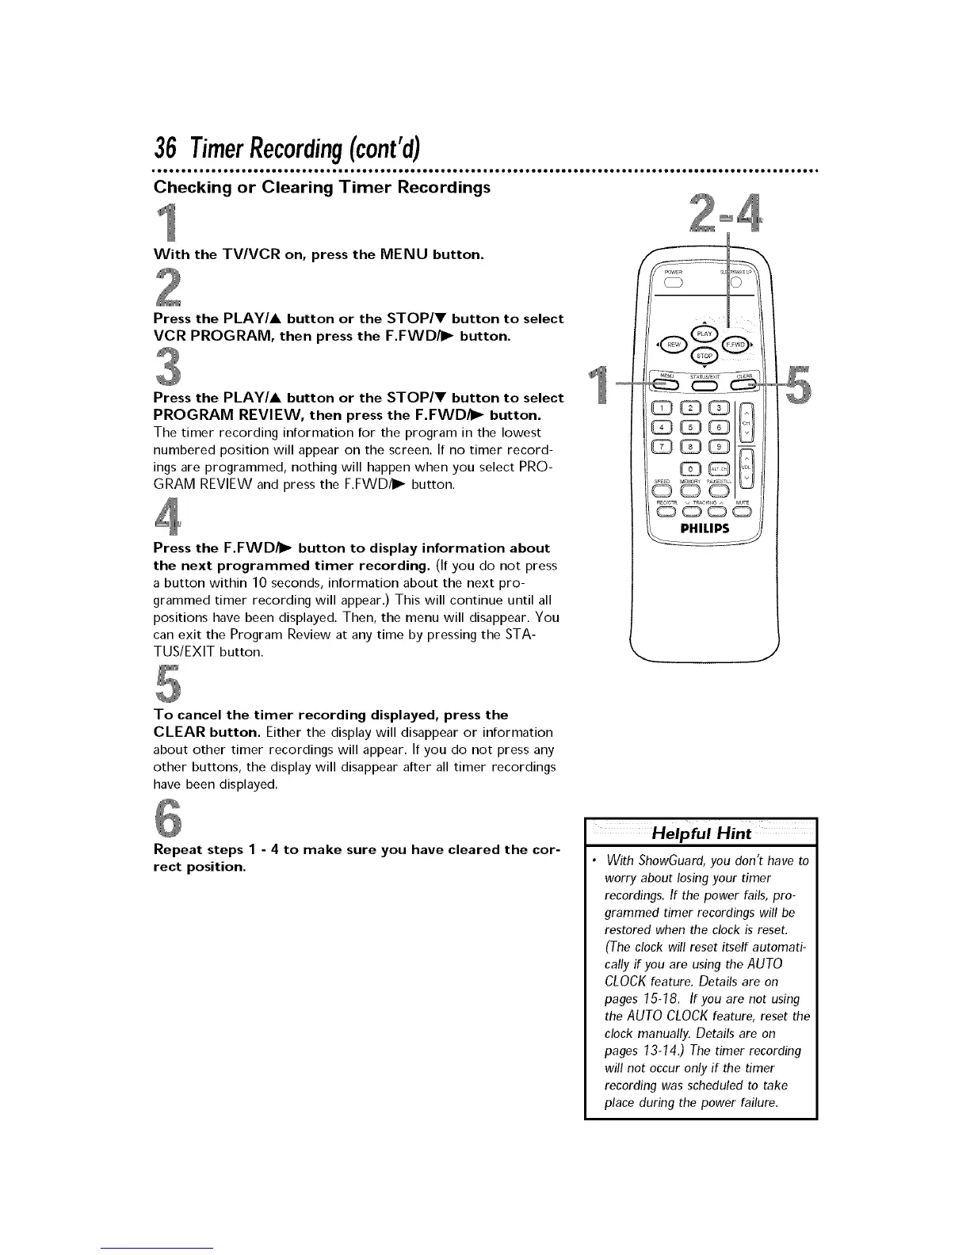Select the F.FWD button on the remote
pos(735,344)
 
